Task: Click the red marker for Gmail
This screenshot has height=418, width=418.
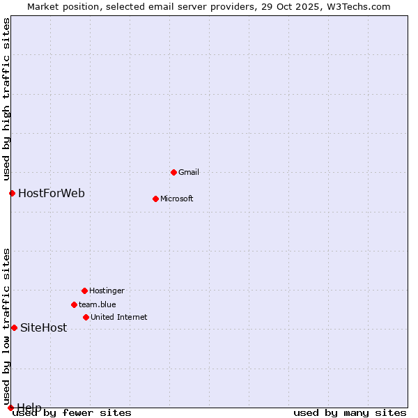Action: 173,172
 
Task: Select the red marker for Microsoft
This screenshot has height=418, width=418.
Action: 155,199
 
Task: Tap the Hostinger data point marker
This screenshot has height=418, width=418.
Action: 84,291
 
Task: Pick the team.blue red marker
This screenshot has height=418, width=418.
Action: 74,304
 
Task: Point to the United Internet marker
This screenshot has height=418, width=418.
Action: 86,317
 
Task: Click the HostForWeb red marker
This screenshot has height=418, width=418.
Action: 12,193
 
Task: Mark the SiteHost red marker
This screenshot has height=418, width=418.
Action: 14,327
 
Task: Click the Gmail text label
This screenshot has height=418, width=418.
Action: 189,172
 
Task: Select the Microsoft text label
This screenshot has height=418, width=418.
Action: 177,199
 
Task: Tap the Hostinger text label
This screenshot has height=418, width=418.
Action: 107,291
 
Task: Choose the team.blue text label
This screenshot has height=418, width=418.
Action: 98,304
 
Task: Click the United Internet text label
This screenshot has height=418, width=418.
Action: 119,317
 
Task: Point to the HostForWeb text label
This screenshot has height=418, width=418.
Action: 52,193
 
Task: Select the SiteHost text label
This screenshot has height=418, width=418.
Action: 44,327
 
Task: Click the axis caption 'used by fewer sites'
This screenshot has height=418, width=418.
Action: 72,412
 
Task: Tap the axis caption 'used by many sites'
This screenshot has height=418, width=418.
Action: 350,412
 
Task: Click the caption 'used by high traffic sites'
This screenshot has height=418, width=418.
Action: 7,99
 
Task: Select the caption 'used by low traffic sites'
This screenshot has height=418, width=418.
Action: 7,326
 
